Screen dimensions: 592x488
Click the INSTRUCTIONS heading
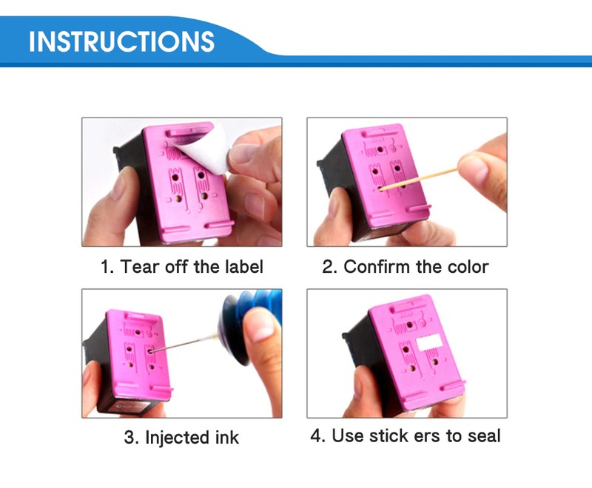(121, 41)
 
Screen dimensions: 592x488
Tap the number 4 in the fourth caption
(316, 436)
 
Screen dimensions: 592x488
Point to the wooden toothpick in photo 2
(418, 179)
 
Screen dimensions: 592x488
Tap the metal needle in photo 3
(184, 343)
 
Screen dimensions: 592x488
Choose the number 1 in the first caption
(106, 267)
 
